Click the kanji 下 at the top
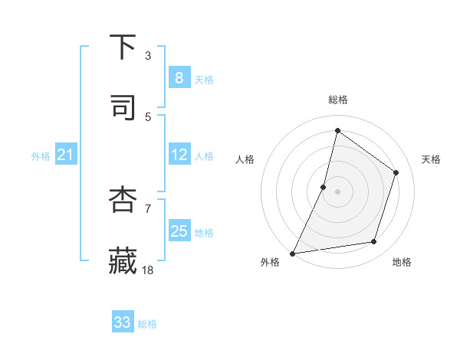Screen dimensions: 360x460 pos(123,47)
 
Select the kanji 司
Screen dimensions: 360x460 pos(123,108)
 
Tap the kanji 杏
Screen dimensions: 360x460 pos(123,200)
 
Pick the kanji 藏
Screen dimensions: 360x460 pos(123,260)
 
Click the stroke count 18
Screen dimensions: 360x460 pos(149,269)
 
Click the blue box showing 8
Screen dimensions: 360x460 pos(179,78)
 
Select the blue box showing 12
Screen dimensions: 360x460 pos(179,155)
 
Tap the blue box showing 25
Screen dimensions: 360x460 pos(179,231)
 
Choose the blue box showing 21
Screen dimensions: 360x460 pos(66,155)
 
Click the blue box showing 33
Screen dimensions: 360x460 pos(123,322)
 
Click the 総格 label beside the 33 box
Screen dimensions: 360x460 pos(147,324)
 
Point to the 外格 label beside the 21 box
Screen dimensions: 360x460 pos(41,156)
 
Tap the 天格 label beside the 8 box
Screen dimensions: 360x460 pos(203,80)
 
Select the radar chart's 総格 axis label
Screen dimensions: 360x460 pos(338,100)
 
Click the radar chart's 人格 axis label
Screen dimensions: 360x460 pos(245,159)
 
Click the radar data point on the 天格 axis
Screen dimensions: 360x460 pos(396,172)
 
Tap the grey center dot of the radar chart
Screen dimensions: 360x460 pos(338,191)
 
